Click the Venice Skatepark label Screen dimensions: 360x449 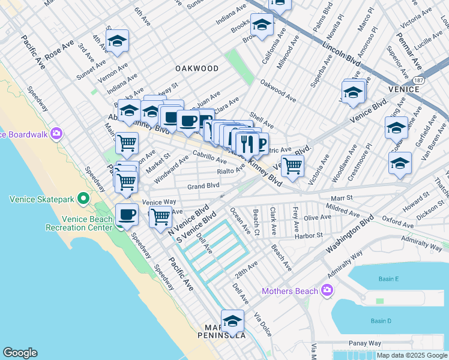pyautogui.click(x=40, y=198)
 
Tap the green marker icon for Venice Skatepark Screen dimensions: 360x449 pyautogui.click(x=84, y=198)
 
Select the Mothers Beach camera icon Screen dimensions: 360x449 pyautogui.click(x=327, y=291)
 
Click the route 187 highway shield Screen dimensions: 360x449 pyautogui.click(x=418, y=79)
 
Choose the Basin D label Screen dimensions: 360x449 pyautogui.click(x=381, y=321)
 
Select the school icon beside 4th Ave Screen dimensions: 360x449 pyautogui.click(x=117, y=40)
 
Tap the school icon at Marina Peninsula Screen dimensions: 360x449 pyautogui.click(x=232, y=320)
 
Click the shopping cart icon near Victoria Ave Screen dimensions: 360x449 pyautogui.click(x=292, y=165)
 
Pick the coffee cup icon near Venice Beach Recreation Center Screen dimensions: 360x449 pyautogui.click(x=127, y=214)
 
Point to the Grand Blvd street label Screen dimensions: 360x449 pyautogui.click(x=203, y=186)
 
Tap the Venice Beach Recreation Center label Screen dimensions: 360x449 pyautogui.click(x=79, y=223)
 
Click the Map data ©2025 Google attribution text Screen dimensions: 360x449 pyautogui.click(x=412, y=355)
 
